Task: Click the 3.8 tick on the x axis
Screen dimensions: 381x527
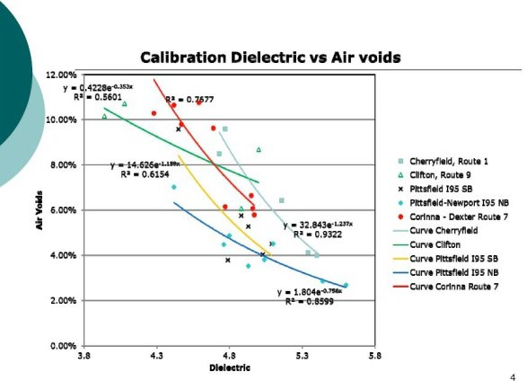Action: (x=84, y=357)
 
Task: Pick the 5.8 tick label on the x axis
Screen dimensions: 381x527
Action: (x=374, y=357)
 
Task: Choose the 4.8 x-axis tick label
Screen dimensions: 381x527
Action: (x=230, y=357)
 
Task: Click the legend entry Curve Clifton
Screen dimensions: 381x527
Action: (x=435, y=244)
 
